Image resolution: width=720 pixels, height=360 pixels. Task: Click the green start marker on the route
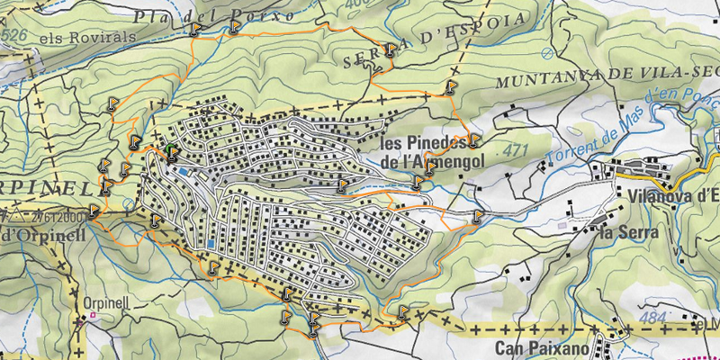[x=169, y=150]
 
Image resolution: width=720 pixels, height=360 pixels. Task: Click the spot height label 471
[x=514, y=148]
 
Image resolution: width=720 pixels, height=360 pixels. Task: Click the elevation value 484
[x=653, y=318]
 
